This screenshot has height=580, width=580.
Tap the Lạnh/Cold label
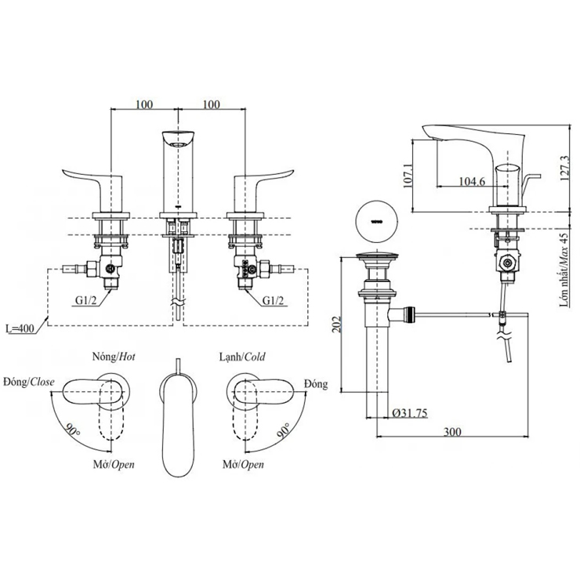coord(242,357)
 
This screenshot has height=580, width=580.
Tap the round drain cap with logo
coord(377,220)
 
